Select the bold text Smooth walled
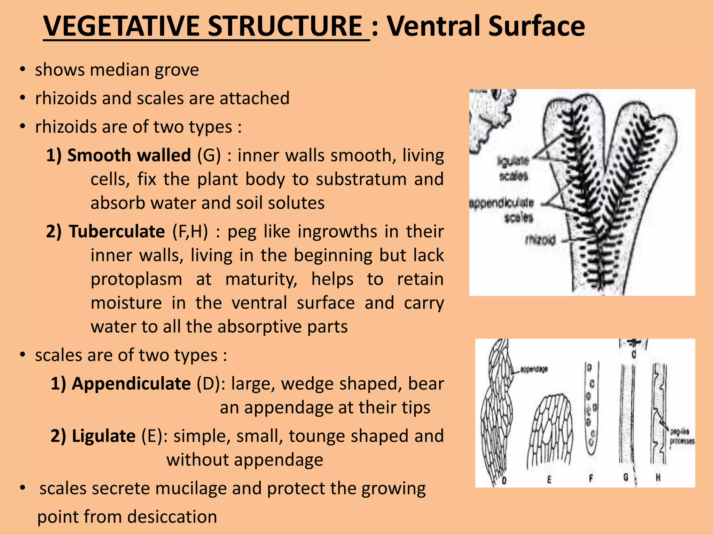pyautogui.click(x=129, y=155)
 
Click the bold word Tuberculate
pyautogui.click(x=117, y=232)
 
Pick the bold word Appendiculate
pyautogui.click(x=131, y=384)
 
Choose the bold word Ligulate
pyautogui.click(x=103, y=436)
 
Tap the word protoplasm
pyautogui.click(x=136, y=279)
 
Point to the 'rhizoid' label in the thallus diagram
pyautogui.click(x=540, y=240)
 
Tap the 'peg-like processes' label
pyautogui.click(x=682, y=436)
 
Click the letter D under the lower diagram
pyautogui.click(x=504, y=481)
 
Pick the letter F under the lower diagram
pyautogui.click(x=591, y=479)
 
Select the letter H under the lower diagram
pyautogui.click(x=658, y=478)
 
